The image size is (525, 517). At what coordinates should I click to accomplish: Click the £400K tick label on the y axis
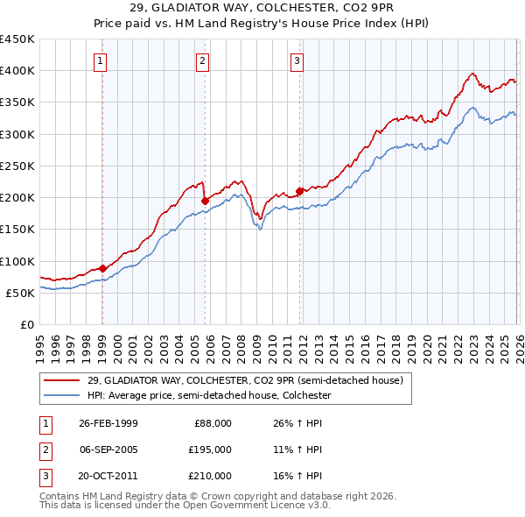[17, 71]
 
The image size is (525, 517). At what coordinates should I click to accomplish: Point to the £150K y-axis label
[17, 230]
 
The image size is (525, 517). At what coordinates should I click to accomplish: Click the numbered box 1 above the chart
[101, 61]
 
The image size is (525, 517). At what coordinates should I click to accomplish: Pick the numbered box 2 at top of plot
[203, 61]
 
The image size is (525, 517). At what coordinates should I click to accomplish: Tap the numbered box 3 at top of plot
[297, 61]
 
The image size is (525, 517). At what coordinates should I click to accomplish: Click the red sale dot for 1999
[102, 268]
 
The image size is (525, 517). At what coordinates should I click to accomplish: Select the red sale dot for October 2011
[299, 191]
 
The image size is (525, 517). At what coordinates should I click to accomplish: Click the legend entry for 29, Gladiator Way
[244, 380]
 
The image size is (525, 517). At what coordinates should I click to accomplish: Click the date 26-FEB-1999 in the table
[108, 423]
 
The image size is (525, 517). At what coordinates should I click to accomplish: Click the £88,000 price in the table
[212, 423]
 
